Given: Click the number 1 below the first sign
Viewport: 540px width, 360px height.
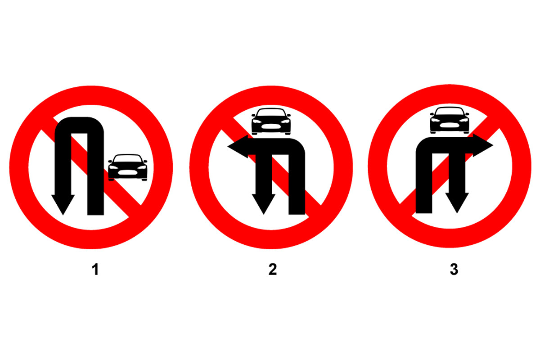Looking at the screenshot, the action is pyautogui.click(x=95, y=270).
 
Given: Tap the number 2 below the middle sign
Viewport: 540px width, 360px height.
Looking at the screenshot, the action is pyautogui.click(x=273, y=270).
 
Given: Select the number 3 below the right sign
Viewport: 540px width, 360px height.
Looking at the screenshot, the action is pyautogui.click(x=454, y=270).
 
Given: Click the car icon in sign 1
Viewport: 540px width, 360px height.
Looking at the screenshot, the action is pyautogui.click(x=127, y=167).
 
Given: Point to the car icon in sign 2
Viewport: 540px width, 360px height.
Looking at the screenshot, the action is pyautogui.click(x=271, y=121).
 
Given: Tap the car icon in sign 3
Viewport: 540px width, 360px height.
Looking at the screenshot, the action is pyautogui.click(x=450, y=120).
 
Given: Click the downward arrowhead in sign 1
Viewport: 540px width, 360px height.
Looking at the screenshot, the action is pyautogui.click(x=63, y=204).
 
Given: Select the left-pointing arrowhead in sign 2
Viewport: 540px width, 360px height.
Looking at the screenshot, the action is pyautogui.click(x=238, y=146).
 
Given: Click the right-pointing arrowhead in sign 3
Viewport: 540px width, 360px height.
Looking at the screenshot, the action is pyautogui.click(x=483, y=145).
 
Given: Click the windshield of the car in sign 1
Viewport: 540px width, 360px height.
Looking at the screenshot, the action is pyautogui.click(x=127, y=159).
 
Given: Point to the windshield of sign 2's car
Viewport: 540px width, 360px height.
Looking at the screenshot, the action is pyautogui.click(x=271, y=112).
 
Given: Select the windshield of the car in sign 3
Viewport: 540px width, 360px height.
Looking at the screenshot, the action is pyautogui.click(x=450, y=112).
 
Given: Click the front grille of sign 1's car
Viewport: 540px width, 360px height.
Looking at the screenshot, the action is pyautogui.click(x=127, y=172).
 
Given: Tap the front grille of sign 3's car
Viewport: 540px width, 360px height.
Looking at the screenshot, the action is pyautogui.click(x=450, y=125).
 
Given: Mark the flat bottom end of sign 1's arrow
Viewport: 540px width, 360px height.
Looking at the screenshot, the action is pyautogui.click(x=95, y=214).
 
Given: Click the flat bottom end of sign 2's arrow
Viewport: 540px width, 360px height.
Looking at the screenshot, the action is pyautogui.click(x=297, y=214).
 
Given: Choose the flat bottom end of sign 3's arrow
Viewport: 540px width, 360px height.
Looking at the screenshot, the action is pyautogui.click(x=424, y=212).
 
